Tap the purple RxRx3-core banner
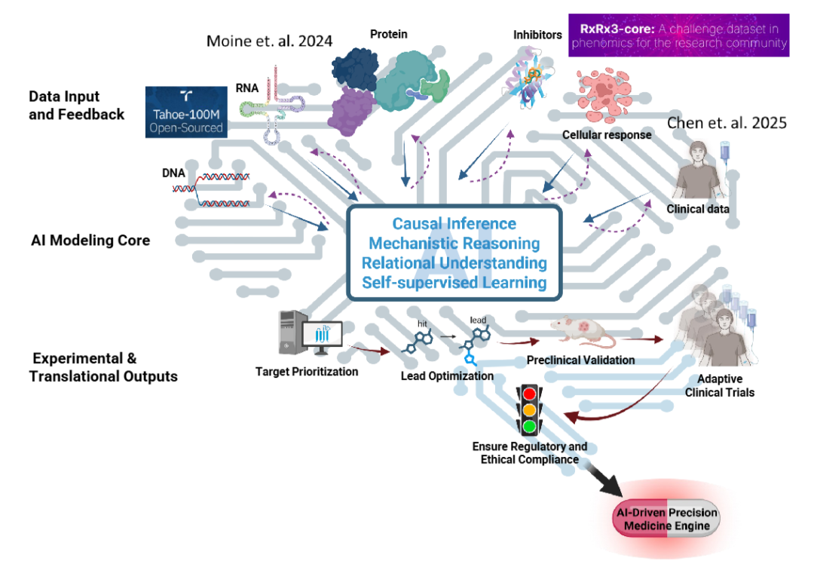679,35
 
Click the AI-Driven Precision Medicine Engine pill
666,519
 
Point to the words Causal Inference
454,224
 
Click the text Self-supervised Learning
454,283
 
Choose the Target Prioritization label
307,371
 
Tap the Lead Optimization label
447,375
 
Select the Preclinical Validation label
580,360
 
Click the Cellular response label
607,135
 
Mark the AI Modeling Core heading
90,241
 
